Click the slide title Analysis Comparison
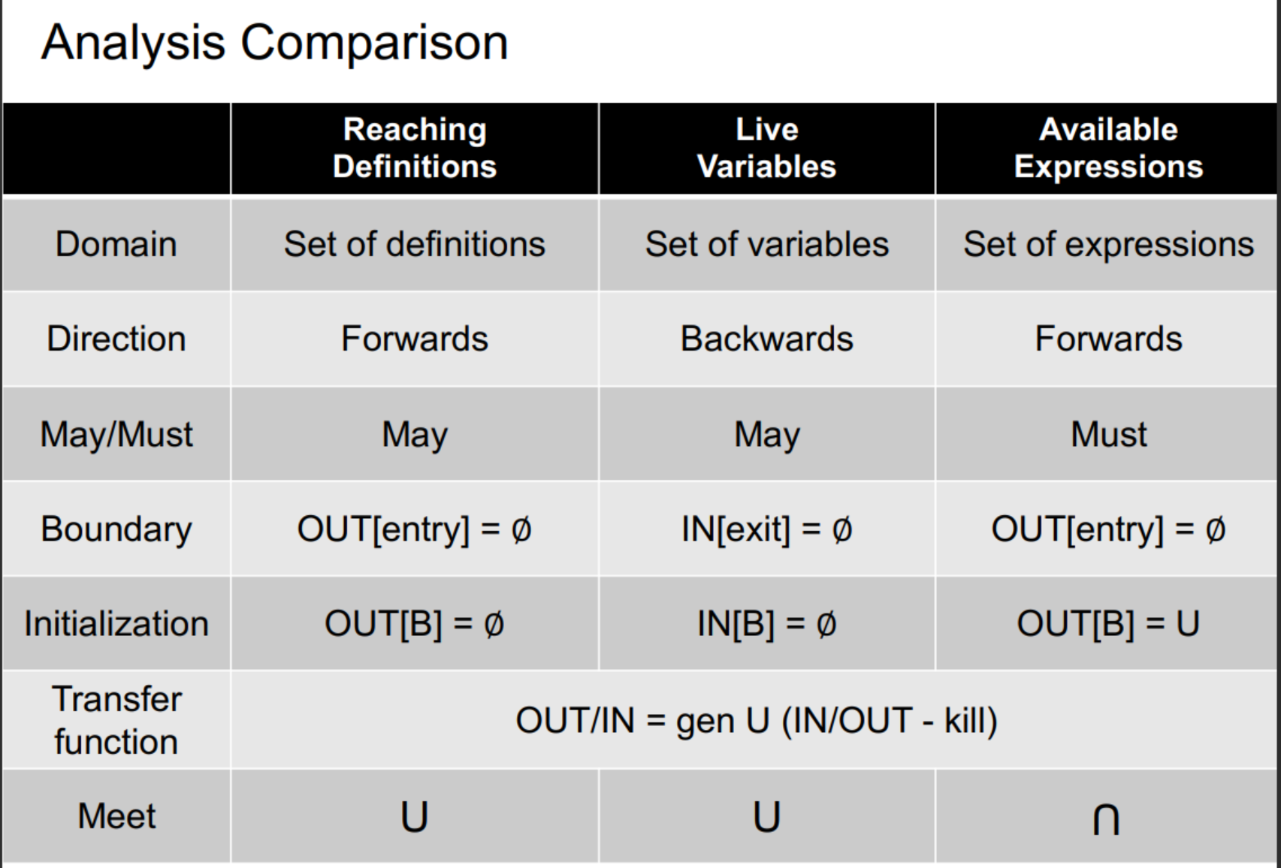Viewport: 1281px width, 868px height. [x=274, y=43]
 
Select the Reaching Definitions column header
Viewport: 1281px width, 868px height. [x=415, y=148]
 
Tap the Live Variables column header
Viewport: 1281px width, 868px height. [x=766, y=148]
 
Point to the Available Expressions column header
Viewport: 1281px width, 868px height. [x=1108, y=148]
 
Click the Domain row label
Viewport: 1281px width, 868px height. [x=116, y=244]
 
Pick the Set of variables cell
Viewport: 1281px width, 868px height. [x=766, y=244]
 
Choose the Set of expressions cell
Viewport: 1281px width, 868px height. [x=1108, y=244]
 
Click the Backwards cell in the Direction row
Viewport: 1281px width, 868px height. [x=766, y=339]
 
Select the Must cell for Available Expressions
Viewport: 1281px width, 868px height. [x=1108, y=434]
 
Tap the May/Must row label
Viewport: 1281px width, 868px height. [x=116, y=434]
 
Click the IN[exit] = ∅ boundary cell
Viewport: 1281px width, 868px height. [x=766, y=529]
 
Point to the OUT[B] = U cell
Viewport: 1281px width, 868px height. [x=1108, y=624]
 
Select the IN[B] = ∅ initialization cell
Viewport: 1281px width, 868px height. [x=766, y=624]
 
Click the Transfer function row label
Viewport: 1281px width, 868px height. [x=116, y=720]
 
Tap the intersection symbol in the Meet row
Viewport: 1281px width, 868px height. [x=1106, y=818]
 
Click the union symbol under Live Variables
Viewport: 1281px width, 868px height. [x=766, y=817]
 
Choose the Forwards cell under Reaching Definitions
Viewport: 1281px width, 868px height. [x=415, y=339]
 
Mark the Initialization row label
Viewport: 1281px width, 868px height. [x=116, y=624]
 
